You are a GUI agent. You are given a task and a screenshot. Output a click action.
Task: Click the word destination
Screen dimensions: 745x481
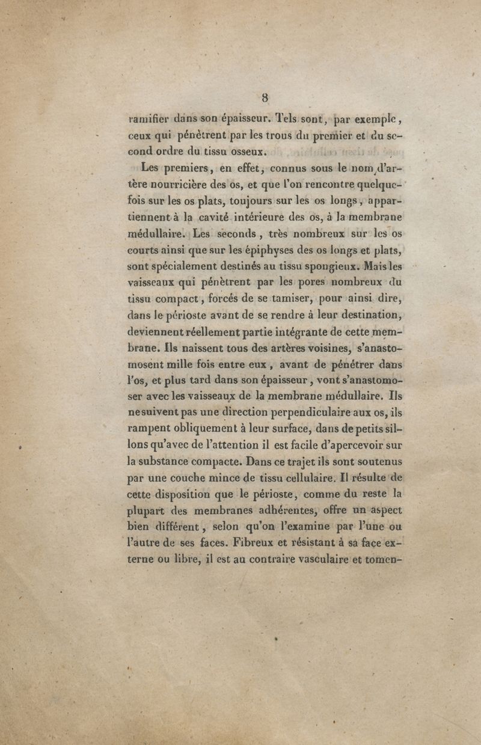click(x=361, y=314)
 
